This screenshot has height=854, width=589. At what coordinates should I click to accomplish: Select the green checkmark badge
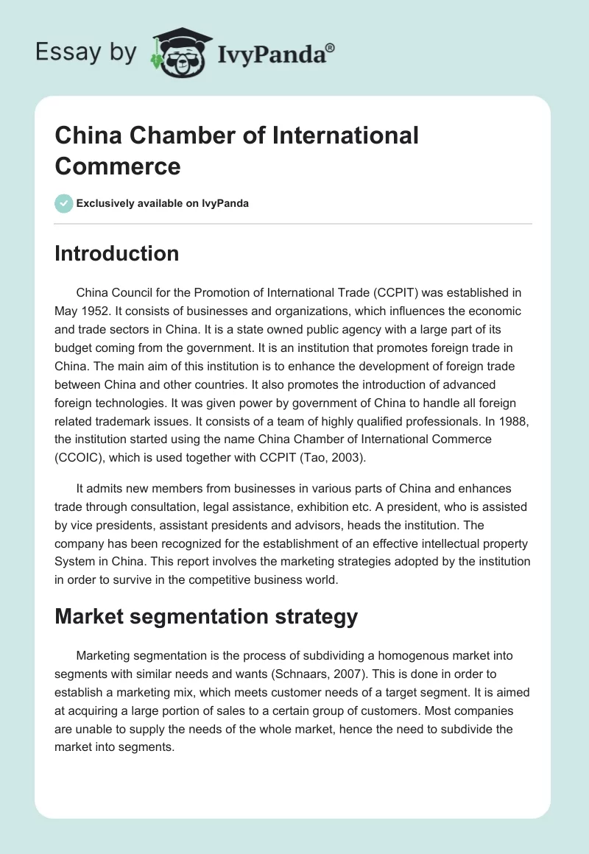click(64, 203)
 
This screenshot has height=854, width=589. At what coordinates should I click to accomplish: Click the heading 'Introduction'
click(116, 253)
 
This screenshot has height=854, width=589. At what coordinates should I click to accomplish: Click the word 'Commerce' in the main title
click(118, 166)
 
